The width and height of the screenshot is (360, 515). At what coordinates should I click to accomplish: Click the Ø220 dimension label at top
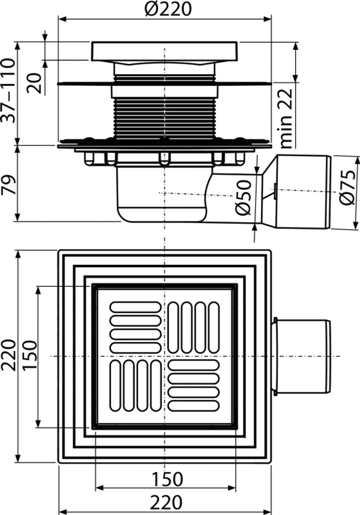(167, 9)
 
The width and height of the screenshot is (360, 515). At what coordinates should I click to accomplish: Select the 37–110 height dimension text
(8, 90)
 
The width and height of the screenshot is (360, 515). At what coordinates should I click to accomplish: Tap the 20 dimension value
(35, 83)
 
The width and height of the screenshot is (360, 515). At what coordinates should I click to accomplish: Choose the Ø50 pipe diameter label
(244, 197)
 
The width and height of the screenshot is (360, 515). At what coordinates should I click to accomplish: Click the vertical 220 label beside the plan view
(8, 355)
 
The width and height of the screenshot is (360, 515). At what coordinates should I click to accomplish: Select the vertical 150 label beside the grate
(30, 355)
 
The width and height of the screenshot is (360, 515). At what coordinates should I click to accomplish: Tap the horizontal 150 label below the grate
(166, 479)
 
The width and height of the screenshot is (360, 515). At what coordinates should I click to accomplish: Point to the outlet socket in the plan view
(301, 356)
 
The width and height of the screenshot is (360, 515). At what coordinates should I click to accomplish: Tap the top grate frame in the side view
(164, 51)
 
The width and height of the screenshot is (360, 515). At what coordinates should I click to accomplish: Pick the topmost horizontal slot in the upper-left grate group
(135, 307)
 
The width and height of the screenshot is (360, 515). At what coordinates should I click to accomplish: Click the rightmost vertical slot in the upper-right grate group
(214, 327)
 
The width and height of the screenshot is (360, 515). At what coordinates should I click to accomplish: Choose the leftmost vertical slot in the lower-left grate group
(115, 385)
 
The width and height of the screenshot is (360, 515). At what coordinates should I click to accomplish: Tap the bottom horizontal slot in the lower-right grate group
(193, 406)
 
